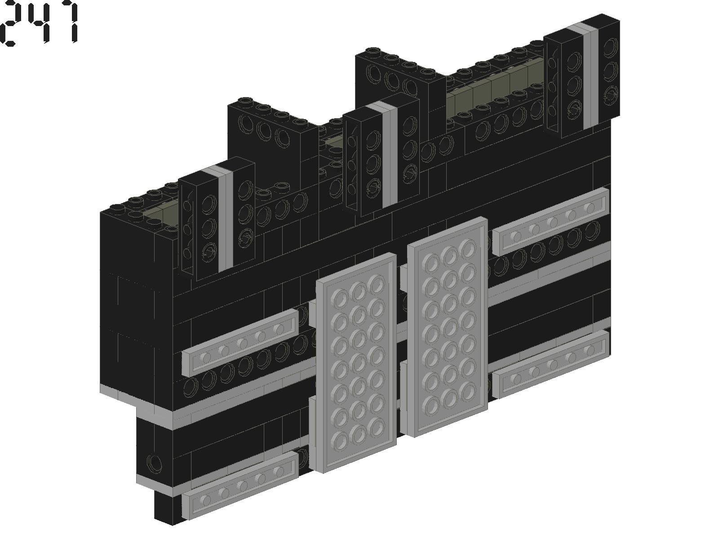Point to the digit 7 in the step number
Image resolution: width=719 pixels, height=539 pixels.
pos(67,22)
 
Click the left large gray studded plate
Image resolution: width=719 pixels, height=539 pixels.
pos(356,362)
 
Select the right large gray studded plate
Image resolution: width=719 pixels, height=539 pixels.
pos(448,327)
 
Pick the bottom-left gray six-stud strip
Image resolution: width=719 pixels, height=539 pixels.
pos(240,486)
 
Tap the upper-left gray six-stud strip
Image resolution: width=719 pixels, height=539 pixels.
pos(240,342)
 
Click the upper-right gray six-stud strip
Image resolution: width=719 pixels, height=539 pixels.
pos(552,221)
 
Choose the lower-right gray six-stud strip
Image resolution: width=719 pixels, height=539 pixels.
pos(552,364)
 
